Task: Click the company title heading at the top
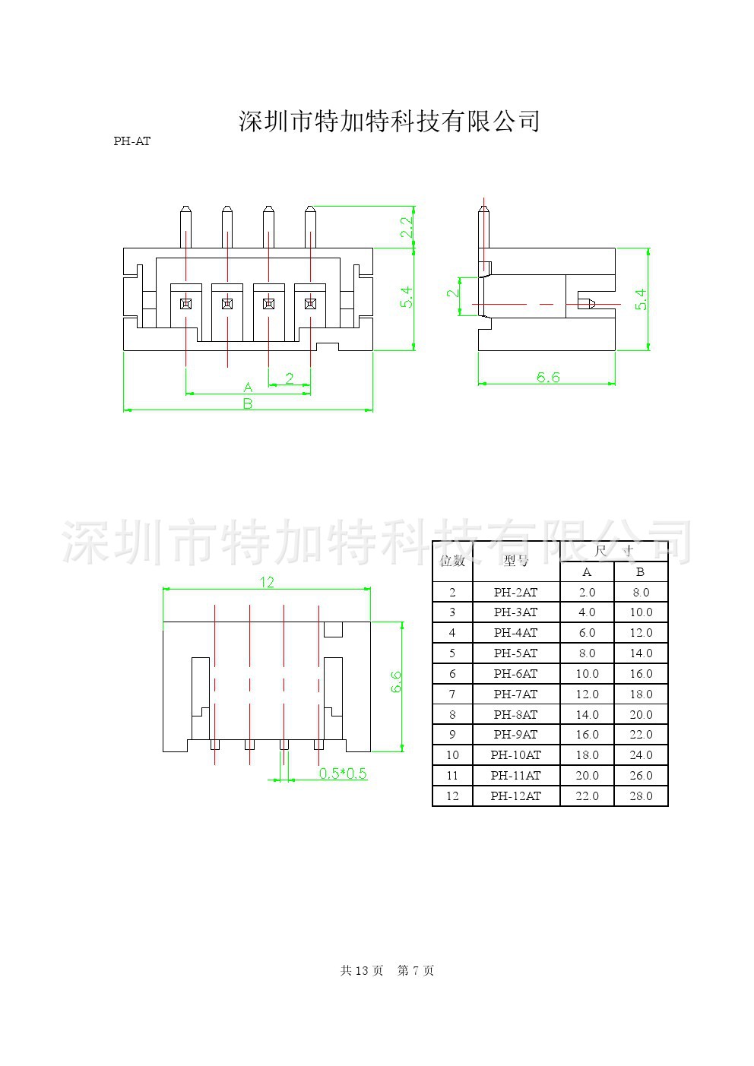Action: click(389, 122)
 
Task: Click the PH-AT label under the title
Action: click(132, 141)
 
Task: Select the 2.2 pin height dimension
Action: click(407, 226)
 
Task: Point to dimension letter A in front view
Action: click(248, 387)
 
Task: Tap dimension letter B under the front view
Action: click(247, 404)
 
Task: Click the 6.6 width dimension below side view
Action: click(547, 377)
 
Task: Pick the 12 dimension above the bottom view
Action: click(267, 582)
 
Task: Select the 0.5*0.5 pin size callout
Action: click(342, 773)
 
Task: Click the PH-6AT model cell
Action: click(515, 674)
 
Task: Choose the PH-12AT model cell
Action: click(515, 796)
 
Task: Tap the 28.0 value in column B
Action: click(641, 796)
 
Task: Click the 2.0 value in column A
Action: click(587, 593)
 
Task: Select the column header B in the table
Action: click(640, 572)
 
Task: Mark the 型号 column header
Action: click(515, 561)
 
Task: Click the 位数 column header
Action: click(452, 561)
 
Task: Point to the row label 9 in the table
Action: click(452, 735)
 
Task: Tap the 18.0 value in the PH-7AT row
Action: click(641, 694)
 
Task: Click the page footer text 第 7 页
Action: click(416, 971)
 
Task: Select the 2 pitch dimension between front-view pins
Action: click(290, 378)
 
